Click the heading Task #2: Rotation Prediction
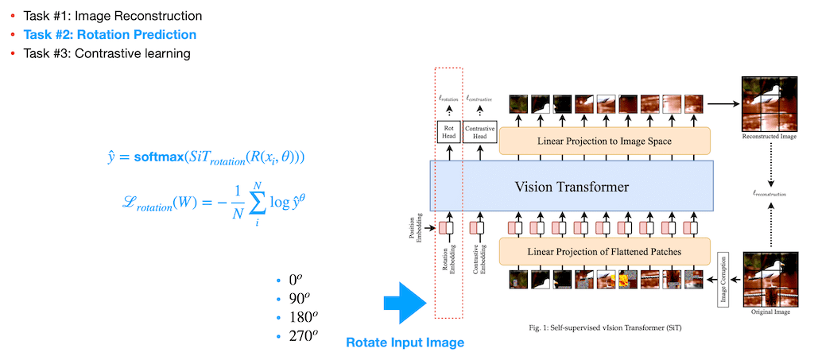pyautogui.click(x=110, y=35)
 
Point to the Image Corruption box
pyautogui.click(x=724, y=282)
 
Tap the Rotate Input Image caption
pyautogui.click(x=405, y=343)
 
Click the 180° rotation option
pyautogui.click(x=301, y=317)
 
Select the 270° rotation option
pyautogui.click(x=302, y=335)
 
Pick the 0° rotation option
pyautogui.click(x=296, y=281)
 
